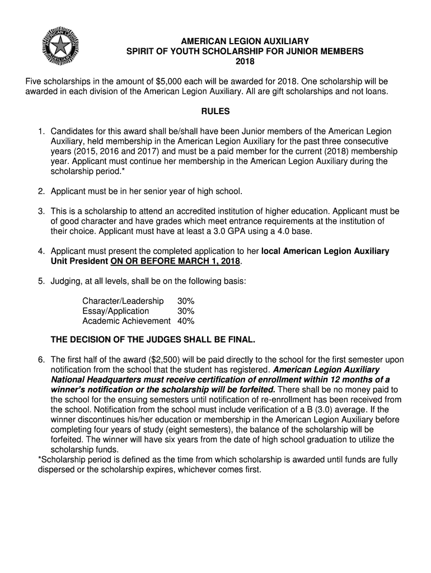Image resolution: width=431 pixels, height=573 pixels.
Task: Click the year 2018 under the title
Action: (x=244, y=61)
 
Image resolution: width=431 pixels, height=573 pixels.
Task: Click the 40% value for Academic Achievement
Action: (x=186, y=321)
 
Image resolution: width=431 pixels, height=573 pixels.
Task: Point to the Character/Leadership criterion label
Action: (x=123, y=301)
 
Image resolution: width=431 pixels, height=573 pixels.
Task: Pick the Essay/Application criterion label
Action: (x=116, y=311)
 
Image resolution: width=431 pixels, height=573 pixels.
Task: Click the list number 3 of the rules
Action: (x=41, y=212)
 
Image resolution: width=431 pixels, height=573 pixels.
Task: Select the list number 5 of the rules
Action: (x=41, y=281)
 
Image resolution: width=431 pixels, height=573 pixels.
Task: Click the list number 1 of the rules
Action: (x=41, y=131)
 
